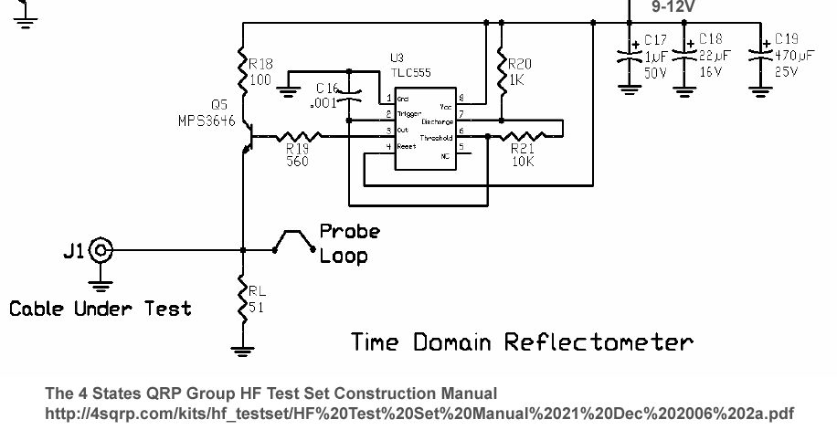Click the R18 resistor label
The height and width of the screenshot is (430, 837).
[260, 64]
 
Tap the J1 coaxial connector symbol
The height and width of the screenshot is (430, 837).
[100, 249]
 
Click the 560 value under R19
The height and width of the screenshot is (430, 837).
[297, 162]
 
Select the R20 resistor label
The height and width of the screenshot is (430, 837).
[519, 64]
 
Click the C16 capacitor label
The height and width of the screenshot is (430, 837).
[327, 89]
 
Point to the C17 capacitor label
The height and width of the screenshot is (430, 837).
[656, 40]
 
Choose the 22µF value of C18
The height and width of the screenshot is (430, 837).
[712, 57]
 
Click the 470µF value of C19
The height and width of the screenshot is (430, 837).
[791, 57]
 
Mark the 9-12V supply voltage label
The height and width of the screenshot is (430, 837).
[673, 6]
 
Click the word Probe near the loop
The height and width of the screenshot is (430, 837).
[349, 232]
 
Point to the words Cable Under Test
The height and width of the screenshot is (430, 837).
[101, 309]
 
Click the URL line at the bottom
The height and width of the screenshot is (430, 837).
[419, 413]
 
